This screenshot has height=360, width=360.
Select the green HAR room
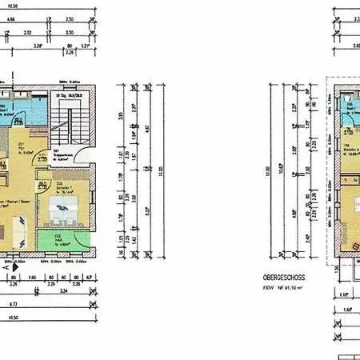click(x=65, y=238)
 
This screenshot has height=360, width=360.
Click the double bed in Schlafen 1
click(x=62, y=210)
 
